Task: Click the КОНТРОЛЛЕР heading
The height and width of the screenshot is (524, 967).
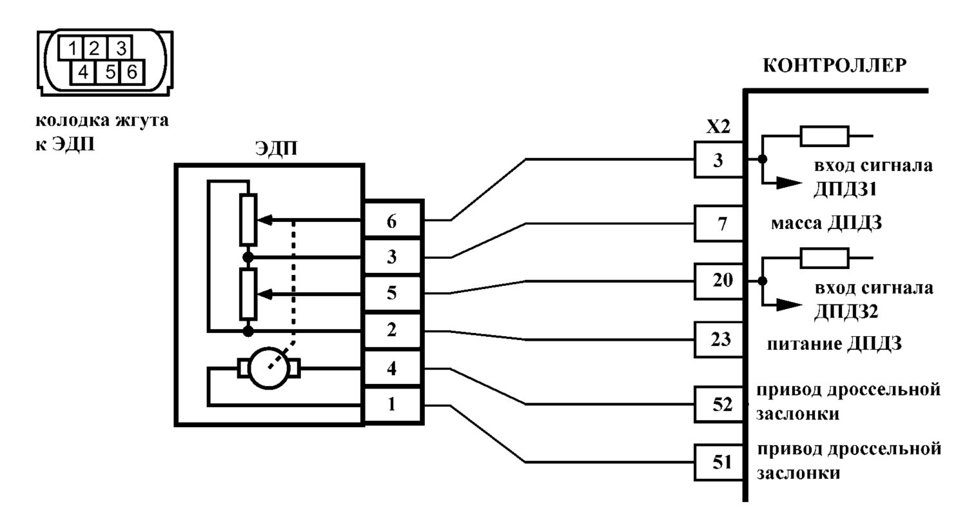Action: click(x=834, y=66)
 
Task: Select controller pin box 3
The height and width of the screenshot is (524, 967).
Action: click(x=719, y=160)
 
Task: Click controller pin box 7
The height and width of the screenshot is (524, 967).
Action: click(x=719, y=223)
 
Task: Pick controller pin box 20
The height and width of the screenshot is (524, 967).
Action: click(x=719, y=281)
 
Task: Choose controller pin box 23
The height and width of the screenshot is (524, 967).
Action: click(x=719, y=339)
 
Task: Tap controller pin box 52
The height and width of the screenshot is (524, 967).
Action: click(x=719, y=405)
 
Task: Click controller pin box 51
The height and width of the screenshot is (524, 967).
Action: click(x=719, y=463)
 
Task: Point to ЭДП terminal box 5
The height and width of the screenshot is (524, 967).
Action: click(x=392, y=293)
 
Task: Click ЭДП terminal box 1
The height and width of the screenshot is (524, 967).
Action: click(x=392, y=405)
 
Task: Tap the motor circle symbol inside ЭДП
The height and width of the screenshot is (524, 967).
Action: click(x=269, y=368)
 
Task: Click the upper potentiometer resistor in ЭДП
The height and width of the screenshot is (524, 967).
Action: click(x=248, y=220)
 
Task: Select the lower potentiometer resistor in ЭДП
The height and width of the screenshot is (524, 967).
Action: click(x=248, y=294)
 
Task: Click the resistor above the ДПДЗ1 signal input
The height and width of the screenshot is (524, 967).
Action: click(x=825, y=136)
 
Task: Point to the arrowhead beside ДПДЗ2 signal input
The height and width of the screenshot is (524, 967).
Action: click(x=790, y=305)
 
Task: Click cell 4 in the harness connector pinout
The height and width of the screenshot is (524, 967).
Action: click(x=83, y=72)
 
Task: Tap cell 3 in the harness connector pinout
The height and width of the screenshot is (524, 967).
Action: click(x=121, y=48)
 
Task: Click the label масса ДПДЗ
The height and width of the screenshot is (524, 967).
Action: click(x=826, y=224)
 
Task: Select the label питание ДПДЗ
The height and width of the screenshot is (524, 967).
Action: click(x=834, y=345)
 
